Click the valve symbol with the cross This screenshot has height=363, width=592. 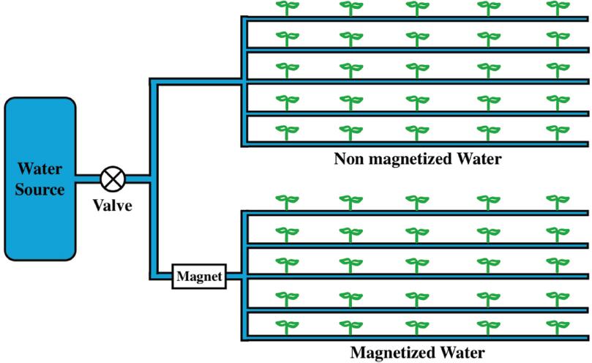pos(113,178)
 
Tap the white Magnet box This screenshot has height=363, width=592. pos(198,277)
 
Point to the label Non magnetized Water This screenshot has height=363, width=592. pos(417,159)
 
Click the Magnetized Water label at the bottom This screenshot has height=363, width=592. pos(417,352)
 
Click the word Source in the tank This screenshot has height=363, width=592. pos(40,190)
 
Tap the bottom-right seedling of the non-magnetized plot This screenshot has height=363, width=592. pos(557,132)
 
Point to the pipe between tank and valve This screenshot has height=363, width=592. pos(89,178)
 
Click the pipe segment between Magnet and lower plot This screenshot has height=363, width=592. pos(233,277)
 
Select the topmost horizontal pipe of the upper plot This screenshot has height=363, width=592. pos(417,20)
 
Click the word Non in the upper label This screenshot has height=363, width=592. pos(348,159)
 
